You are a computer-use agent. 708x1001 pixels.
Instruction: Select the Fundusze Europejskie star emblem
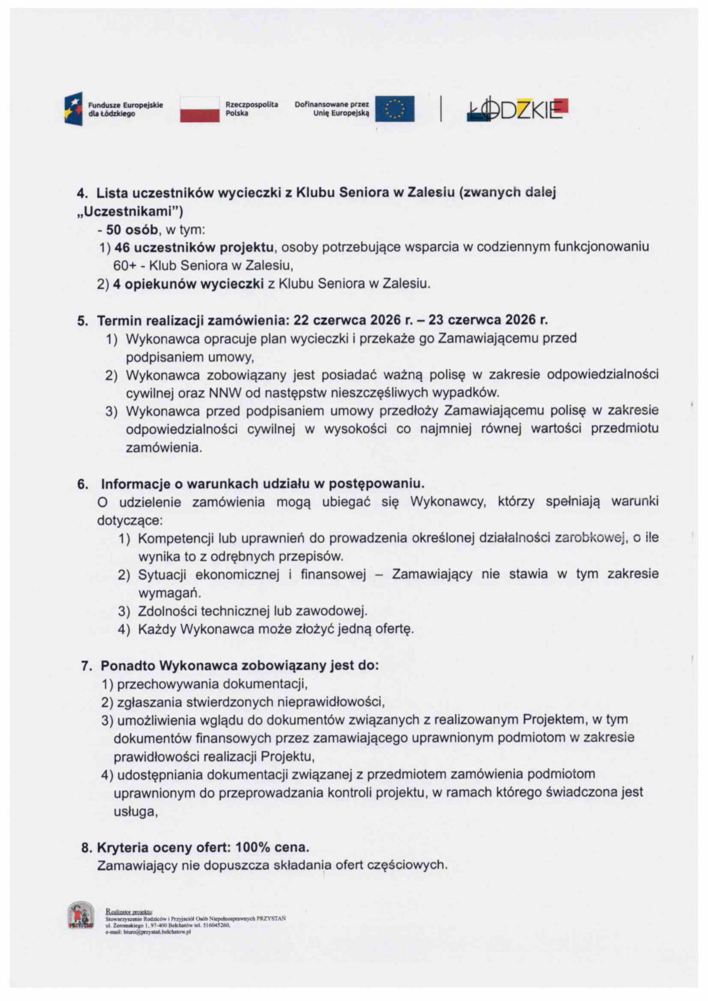73,108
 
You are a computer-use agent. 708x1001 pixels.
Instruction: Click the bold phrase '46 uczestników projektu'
194,247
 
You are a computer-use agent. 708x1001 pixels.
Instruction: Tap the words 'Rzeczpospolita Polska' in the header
251,109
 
